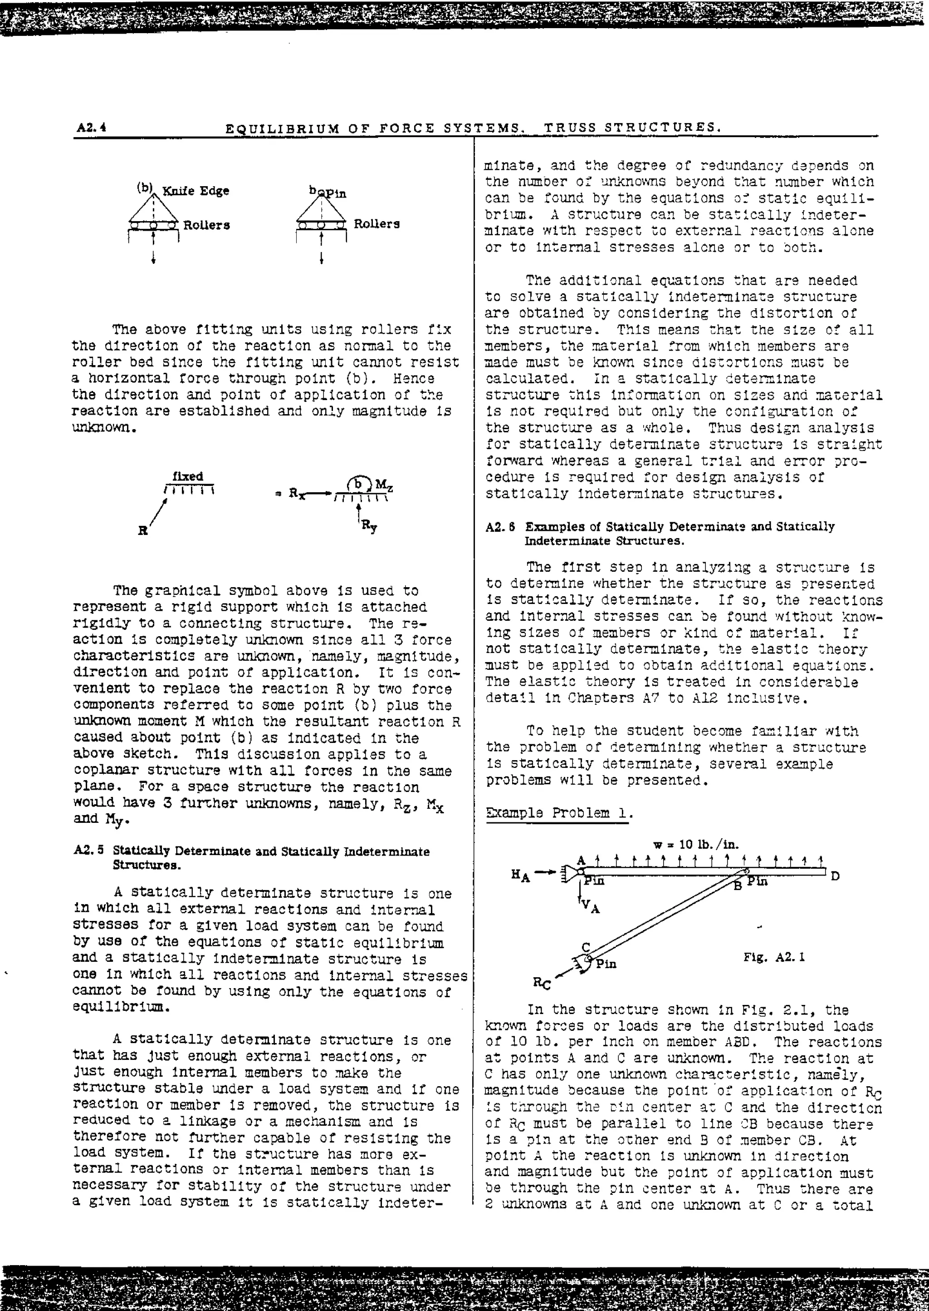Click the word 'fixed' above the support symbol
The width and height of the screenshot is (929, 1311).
click(x=188, y=476)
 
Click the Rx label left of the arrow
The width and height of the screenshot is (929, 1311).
click(x=296, y=493)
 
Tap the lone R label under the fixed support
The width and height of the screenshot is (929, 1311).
click(x=142, y=530)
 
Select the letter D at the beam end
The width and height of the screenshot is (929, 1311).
click(x=835, y=876)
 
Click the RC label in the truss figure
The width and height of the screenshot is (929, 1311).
click(x=542, y=984)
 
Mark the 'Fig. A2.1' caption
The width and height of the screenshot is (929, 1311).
click(x=774, y=957)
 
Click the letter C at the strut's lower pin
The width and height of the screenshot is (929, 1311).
click(x=586, y=947)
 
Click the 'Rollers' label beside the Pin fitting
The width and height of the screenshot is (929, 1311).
click(x=376, y=224)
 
